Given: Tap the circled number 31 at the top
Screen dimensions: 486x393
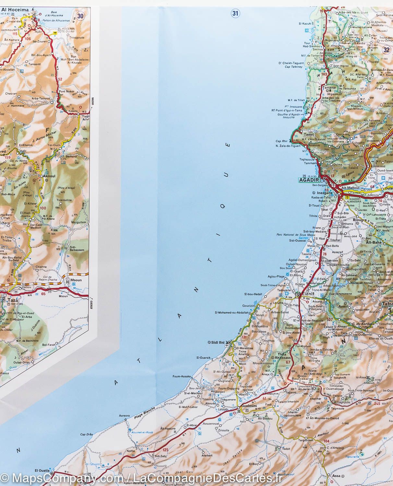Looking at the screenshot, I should (x=235, y=13).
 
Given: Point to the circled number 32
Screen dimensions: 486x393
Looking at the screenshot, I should (x=386, y=50).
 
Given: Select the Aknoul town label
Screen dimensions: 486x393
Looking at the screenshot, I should (x=45, y=176).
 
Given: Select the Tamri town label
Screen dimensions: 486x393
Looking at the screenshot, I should (x=308, y=134).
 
